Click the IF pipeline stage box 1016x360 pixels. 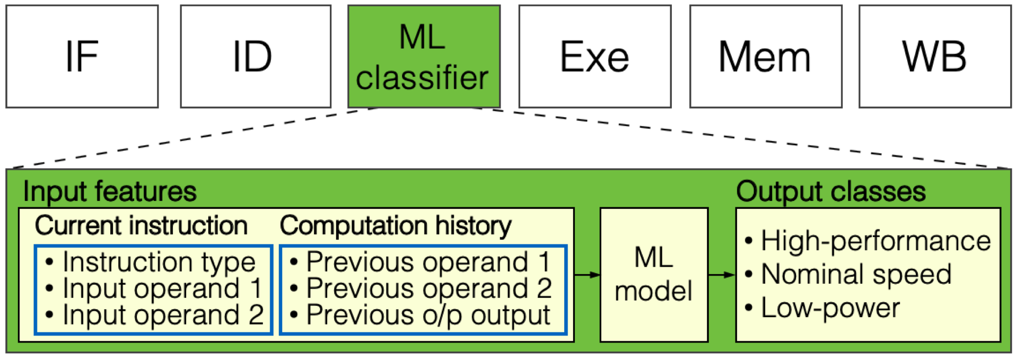82,56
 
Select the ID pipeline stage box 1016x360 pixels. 255,56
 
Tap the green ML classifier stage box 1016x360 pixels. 423,56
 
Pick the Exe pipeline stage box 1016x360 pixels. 594,56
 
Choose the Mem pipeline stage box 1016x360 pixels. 765,56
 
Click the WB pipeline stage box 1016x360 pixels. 934,56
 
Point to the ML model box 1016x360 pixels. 653,275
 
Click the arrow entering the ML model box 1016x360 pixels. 586,275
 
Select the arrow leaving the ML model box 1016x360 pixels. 721,275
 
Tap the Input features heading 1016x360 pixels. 110,191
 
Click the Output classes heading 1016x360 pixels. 830,191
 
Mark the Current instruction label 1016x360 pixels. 141,226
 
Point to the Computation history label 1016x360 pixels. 395,226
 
